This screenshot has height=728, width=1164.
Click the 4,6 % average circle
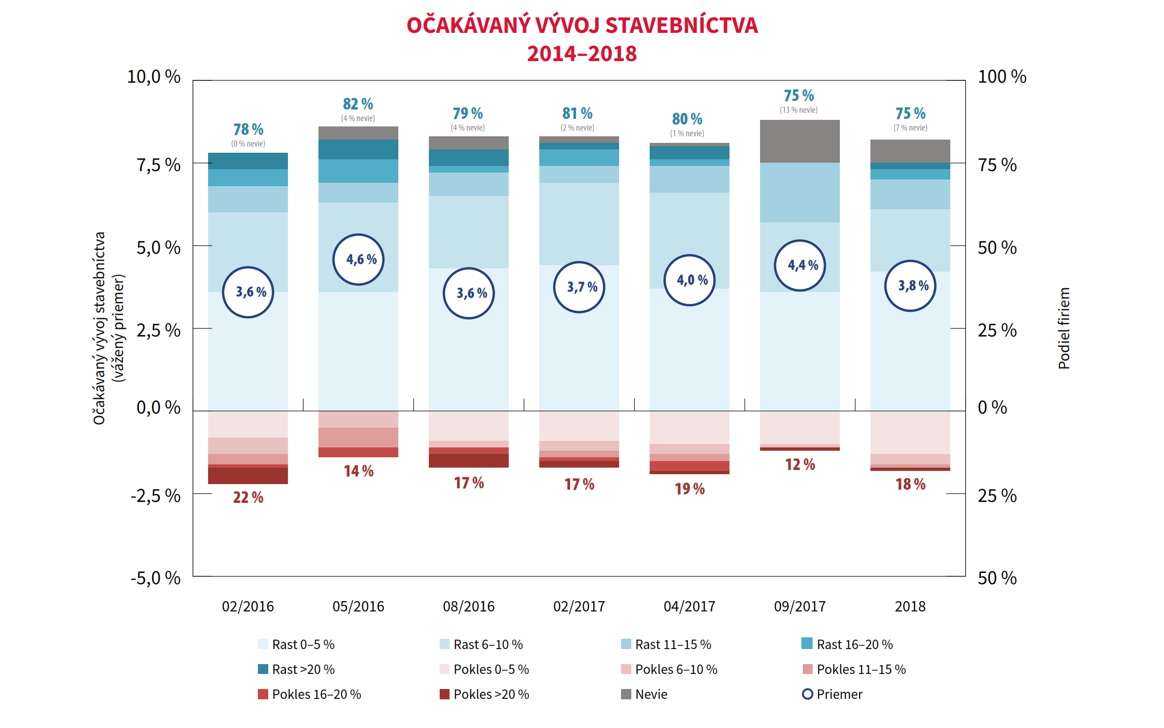[x=358, y=259]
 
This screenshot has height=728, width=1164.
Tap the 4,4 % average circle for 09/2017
[x=799, y=265]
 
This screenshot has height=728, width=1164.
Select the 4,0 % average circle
[x=689, y=280]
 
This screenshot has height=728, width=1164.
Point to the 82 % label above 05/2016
[x=357, y=104]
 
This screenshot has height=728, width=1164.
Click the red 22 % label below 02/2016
[x=248, y=497]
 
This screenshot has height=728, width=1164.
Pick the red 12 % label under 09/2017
[x=800, y=465]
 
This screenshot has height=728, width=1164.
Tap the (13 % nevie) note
[x=798, y=110]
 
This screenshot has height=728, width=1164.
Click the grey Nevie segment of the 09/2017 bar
[x=799, y=141]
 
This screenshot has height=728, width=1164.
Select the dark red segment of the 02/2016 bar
[x=248, y=476]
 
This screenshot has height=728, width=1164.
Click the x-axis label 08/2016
[x=468, y=606]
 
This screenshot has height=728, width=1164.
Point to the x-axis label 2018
[x=909, y=606]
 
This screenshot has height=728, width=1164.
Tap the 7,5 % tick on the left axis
[x=158, y=165]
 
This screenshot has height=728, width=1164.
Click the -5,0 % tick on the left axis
[x=155, y=578]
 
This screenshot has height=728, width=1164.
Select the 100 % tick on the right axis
[x=1002, y=77]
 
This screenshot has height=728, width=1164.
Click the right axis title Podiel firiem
[x=1063, y=329]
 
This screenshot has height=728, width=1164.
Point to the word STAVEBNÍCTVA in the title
[x=682, y=25]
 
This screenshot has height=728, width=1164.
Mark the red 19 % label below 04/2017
[x=689, y=489]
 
